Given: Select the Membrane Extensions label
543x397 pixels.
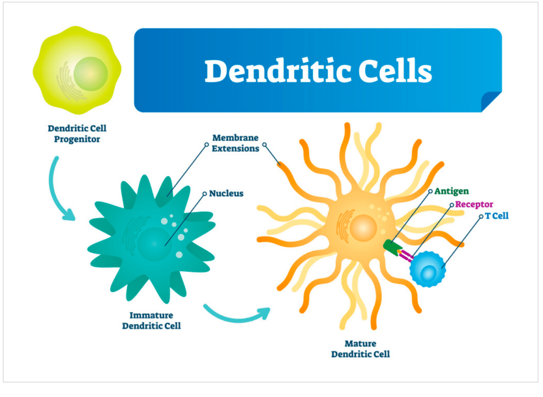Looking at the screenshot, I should pyautogui.click(x=235, y=143).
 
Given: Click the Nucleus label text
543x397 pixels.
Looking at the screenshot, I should pyautogui.click(x=226, y=193).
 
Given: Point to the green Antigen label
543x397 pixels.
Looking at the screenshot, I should pyautogui.click(x=451, y=191).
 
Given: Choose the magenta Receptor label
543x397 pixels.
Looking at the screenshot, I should pyautogui.click(x=474, y=204).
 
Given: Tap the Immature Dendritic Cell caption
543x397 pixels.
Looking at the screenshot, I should pyautogui.click(x=151, y=320).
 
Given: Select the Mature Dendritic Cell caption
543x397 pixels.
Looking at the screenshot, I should pyautogui.click(x=360, y=349).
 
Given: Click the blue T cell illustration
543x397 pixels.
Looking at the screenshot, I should pyautogui.click(x=427, y=270).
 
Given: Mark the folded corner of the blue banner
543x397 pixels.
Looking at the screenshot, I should pyautogui.click(x=492, y=102).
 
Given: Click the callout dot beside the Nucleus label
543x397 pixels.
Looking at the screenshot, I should pyautogui.click(x=205, y=194).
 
